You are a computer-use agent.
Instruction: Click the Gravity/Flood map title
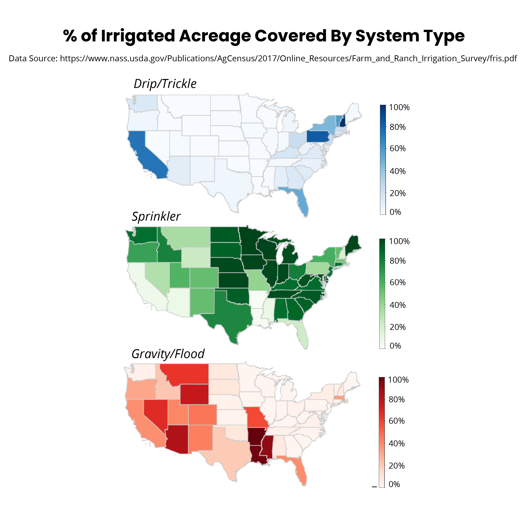(168, 354)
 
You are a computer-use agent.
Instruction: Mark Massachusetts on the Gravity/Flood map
(339, 398)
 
